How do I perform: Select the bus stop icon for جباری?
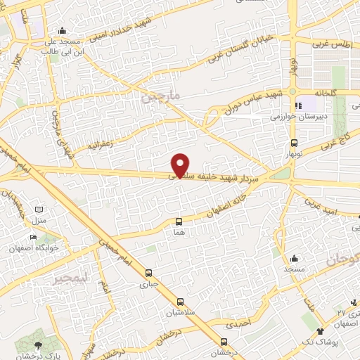pos(148,274)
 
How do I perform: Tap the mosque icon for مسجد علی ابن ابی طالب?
pos(63,30)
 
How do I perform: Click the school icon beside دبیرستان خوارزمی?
pos(299,105)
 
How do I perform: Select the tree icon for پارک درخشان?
pos(38,345)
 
